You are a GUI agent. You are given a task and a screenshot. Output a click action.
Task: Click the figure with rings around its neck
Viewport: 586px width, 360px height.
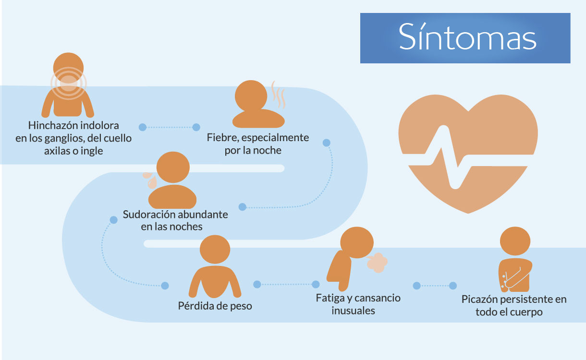coord(68,86)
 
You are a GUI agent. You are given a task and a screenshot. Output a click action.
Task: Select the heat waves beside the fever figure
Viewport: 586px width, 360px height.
coord(278,94)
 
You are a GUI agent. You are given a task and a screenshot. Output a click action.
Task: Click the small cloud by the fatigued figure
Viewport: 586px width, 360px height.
coord(377,262)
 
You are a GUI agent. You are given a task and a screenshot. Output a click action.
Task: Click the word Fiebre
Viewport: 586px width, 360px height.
coord(223,138)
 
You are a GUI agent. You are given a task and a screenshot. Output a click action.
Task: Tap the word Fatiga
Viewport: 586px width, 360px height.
coord(330,298)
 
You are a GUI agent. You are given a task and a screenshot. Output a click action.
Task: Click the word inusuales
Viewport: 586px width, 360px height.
coord(353,311)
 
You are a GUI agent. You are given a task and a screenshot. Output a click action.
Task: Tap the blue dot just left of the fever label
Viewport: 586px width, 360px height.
coord(196,127)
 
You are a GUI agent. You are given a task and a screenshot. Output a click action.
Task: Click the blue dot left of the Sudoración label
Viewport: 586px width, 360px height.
coord(114,220)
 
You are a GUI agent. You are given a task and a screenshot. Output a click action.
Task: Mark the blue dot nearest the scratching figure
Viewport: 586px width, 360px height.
coord(452,286)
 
